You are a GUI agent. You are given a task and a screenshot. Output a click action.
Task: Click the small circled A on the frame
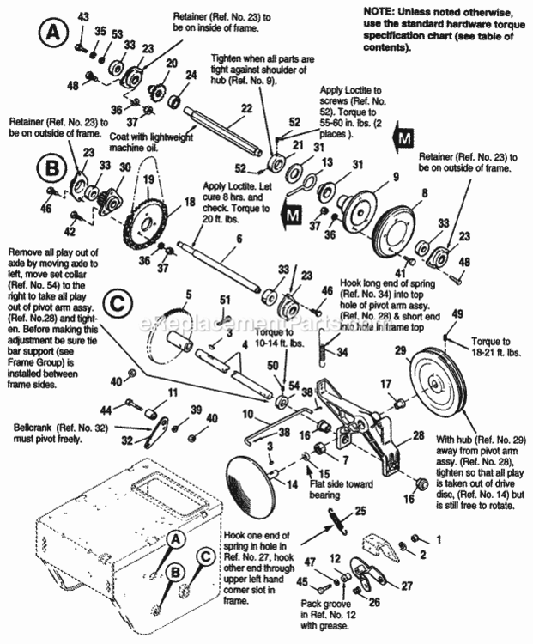point(176,539)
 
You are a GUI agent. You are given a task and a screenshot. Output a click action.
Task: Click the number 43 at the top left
point(83,17)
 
